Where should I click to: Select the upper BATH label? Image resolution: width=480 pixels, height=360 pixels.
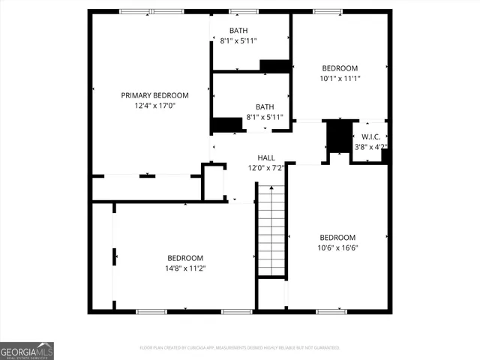[238, 30]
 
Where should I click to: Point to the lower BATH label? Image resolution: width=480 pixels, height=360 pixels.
[265, 106]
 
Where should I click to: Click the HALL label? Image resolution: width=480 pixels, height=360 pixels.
[266, 157]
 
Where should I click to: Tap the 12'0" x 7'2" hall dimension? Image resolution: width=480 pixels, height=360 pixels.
[266, 168]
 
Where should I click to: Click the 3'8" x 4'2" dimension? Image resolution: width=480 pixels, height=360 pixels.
[370, 147]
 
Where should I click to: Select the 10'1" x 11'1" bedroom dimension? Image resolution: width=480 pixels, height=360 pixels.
[340, 78]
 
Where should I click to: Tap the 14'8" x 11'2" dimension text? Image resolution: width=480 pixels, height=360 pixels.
[185, 268]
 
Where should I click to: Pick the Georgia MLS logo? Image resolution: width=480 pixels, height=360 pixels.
[27, 351]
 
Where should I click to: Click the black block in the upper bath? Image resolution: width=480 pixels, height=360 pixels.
[274, 66]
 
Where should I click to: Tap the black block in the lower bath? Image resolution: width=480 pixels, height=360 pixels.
[226, 125]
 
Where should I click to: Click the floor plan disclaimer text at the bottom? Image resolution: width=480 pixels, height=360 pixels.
[240, 348]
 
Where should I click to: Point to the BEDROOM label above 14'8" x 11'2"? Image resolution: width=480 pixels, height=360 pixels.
[185, 257]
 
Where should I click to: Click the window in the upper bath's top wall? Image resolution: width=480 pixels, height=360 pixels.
[239, 11]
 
